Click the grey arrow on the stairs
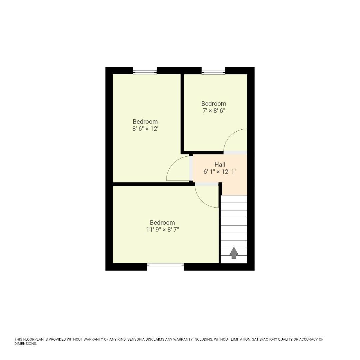(x=234, y=253)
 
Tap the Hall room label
(x=220, y=165)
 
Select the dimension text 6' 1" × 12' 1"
(x=220, y=172)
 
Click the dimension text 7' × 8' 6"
(x=214, y=111)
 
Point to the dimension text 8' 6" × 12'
(x=145, y=129)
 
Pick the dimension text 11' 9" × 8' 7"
(x=162, y=230)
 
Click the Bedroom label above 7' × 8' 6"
(x=214, y=104)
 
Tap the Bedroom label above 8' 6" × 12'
(x=145, y=122)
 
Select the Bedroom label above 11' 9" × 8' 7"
(x=162, y=223)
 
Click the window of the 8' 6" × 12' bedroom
(x=145, y=72)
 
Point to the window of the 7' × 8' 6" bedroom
(x=213, y=72)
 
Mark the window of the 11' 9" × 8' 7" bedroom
(x=165, y=265)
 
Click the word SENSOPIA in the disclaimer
(x=138, y=339)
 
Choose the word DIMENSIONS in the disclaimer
(x=25, y=344)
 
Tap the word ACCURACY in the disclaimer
(x=309, y=339)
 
